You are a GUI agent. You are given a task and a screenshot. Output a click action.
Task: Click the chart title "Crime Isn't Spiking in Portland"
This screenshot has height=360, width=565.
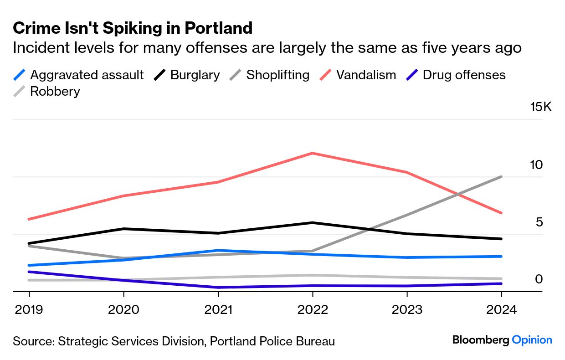133,28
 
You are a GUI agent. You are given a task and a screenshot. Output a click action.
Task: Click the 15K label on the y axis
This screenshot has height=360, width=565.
541,108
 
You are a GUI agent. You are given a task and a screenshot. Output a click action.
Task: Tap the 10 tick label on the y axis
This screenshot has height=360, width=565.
537,165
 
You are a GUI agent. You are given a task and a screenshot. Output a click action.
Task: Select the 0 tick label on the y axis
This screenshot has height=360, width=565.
539,279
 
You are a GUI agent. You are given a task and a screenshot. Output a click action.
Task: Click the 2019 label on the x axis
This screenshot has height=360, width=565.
30,310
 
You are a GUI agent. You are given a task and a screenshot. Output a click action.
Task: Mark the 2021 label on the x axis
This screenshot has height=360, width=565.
218,310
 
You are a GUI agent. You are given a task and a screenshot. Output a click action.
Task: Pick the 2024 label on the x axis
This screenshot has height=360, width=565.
501,310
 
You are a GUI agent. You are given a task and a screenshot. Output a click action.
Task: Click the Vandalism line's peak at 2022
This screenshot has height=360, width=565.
312,153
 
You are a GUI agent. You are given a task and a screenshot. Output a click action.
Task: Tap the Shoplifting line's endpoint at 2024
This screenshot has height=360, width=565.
501,177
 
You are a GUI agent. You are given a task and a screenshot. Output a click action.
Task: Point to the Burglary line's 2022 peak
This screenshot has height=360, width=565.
312,222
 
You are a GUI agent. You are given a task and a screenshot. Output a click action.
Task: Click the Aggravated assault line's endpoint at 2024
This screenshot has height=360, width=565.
501,256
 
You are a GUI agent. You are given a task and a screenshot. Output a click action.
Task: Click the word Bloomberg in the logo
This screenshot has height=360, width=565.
481,340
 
